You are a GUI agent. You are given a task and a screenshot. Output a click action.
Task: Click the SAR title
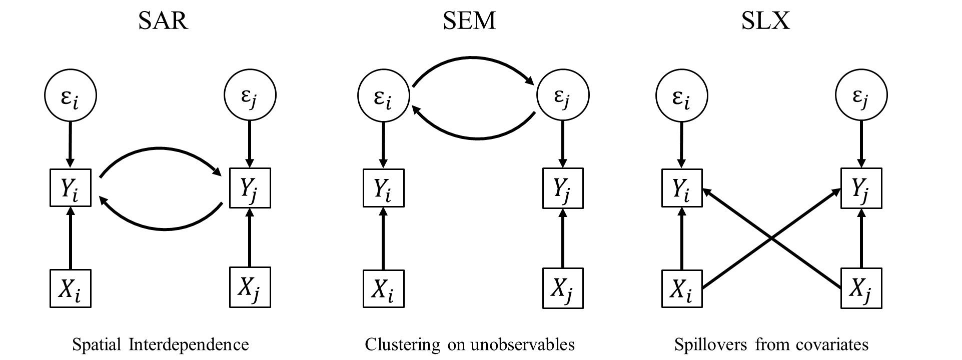pos(163,21)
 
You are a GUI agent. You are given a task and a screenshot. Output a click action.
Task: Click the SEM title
pos(469,21)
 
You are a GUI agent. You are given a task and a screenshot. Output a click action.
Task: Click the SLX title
pos(765,21)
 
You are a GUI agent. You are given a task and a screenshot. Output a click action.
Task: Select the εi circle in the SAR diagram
pos(71,95)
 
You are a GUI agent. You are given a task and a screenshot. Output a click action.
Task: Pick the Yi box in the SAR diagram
pos(71,187)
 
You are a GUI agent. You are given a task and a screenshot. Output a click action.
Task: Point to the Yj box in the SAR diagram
pos(250,188)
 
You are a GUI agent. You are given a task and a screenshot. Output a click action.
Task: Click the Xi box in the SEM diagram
pos(383,288)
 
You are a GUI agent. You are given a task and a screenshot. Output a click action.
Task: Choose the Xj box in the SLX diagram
pos(861,288)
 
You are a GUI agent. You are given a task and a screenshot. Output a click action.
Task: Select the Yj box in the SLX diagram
pos(861,188)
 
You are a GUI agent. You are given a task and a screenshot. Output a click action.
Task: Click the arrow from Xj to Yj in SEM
pos(563,239)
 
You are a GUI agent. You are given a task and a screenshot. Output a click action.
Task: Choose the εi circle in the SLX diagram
pos(681,95)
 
